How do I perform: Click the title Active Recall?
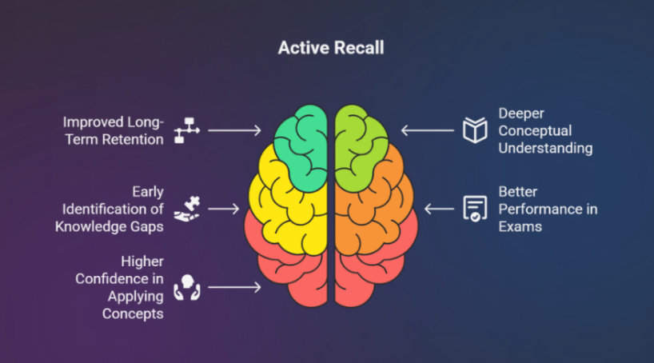[x=331, y=47]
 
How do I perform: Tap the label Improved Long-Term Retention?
[x=114, y=130]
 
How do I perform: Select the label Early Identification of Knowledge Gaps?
[x=110, y=209]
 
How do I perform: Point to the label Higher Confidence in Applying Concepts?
[x=119, y=288]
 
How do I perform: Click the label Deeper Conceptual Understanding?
[x=545, y=130]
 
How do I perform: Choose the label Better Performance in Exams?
[x=548, y=209]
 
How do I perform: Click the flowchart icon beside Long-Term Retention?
[x=187, y=130]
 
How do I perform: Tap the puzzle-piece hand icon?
[x=187, y=209]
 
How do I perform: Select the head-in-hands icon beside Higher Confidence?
[x=187, y=288]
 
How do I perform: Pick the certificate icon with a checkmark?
[x=475, y=209]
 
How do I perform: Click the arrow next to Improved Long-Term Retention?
[x=234, y=130]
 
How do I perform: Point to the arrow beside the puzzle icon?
[x=224, y=209]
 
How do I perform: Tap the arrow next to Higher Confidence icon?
[x=234, y=287]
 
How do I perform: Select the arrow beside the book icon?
[x=428, y=130]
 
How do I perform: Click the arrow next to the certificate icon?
[x=439, y=209]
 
